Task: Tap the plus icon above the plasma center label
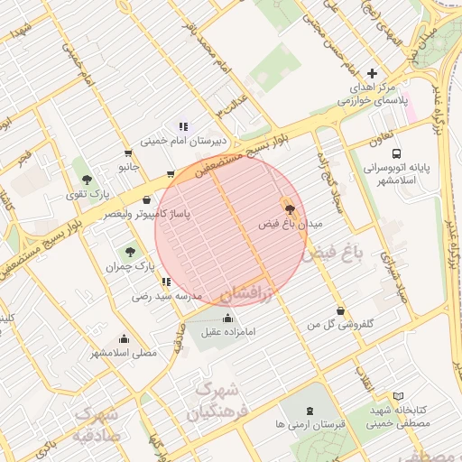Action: [x=373, y=73]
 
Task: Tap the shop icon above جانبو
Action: [x=125, y=153]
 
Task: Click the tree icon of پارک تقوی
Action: [x=87, y=179]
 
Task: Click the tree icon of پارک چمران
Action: [x=131, y=252]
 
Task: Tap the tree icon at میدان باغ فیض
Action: [x=289, y=208]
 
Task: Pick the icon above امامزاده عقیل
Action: [x=226, y=318]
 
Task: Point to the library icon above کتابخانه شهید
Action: [x=399, y=396]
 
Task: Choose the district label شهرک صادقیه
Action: [x=97, y=424]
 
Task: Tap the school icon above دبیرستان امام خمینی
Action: [x=183, y=126]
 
